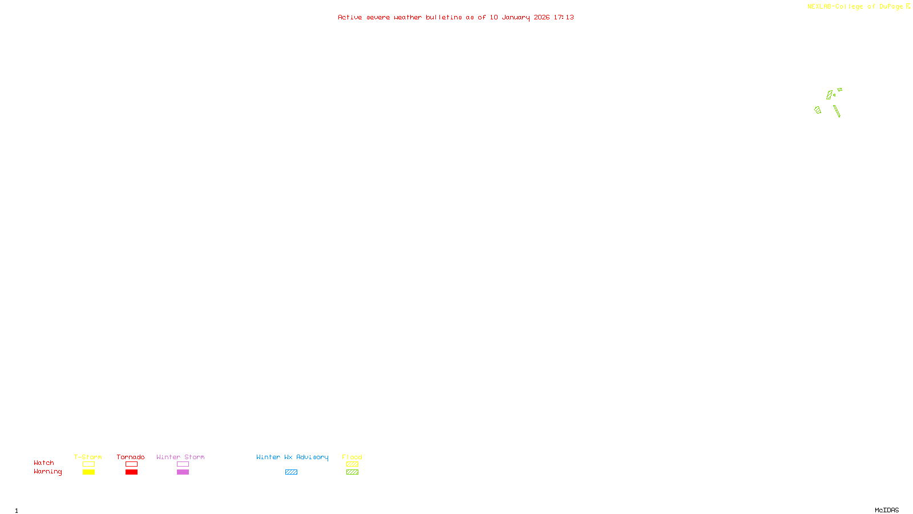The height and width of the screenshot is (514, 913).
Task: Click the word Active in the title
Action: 350,17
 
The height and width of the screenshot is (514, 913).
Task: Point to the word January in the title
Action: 515,17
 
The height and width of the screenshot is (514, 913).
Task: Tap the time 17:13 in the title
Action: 563,17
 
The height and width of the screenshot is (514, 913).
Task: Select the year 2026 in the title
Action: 542,17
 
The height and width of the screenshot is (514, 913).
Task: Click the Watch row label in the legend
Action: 44,463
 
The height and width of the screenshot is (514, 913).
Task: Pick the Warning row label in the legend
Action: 47,472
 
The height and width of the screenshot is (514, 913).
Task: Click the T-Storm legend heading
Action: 88,457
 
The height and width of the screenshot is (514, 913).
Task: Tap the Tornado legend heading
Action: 131,457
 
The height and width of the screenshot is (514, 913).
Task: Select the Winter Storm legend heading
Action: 180,457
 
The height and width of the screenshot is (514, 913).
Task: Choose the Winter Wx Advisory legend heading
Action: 292,457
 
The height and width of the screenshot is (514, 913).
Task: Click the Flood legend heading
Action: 352,457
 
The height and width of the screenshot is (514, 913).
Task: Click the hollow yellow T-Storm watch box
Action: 88,464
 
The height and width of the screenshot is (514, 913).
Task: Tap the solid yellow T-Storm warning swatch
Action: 88,472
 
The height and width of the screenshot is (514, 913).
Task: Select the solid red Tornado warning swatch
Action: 131,472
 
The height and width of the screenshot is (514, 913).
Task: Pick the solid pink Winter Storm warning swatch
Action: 183,472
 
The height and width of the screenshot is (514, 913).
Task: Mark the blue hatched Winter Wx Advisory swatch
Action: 291,472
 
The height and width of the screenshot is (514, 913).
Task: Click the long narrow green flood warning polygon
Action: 837,111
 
